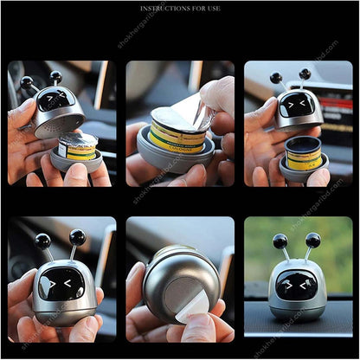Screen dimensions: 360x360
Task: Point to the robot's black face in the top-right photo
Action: tap(296, 106)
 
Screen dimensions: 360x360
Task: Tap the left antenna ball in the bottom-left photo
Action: tap(42, 240)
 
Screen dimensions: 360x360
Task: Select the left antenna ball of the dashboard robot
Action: tap(281, 241)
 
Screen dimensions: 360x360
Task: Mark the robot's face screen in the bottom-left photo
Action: tap(61, 284)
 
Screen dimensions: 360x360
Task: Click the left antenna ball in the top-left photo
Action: tap(26, 82)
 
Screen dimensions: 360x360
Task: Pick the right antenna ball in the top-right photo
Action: tap(305, 74)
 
